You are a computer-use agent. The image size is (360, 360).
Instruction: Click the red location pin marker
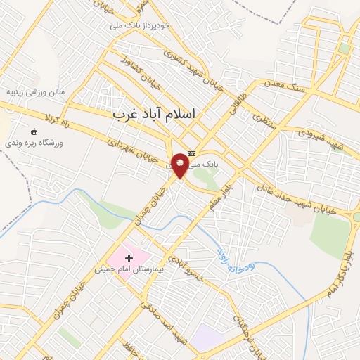(180, 164)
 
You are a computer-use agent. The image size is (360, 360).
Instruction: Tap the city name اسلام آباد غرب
(155, 112)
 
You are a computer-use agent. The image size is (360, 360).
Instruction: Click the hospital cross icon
(129, 259)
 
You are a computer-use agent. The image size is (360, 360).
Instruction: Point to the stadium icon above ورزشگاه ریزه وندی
(33, 131)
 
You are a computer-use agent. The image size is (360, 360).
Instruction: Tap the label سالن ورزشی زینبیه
(36, 92)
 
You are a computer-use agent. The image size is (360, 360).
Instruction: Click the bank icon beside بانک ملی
(192, 153)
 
